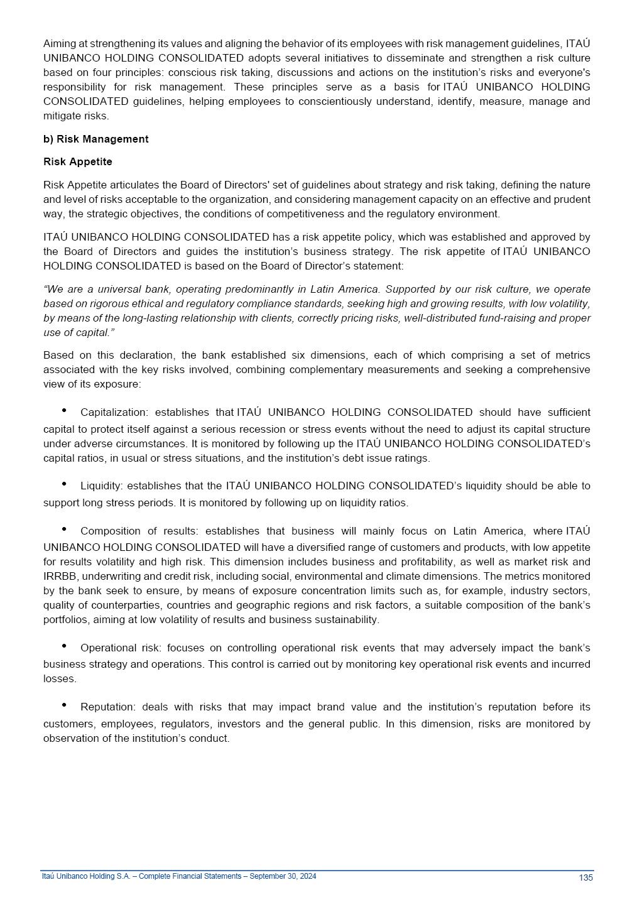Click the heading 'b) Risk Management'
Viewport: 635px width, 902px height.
(95, 139)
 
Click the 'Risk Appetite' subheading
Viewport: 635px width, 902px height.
(78, 161)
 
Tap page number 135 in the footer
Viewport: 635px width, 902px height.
(585, 878)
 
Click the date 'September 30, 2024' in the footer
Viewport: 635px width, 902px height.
(283, 876)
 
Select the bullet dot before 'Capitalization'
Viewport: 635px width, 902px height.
(64, 410)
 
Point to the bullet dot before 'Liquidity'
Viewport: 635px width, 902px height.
(64, 484)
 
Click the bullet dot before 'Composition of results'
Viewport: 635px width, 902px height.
(64, 529)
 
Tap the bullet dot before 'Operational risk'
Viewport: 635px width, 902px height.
(64, 646)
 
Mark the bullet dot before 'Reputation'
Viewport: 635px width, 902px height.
(64, 705)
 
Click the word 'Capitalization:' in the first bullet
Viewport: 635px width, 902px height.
(114, 413)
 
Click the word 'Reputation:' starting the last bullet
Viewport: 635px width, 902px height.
(107, 707)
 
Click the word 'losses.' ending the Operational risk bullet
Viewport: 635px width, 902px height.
(60, 679)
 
